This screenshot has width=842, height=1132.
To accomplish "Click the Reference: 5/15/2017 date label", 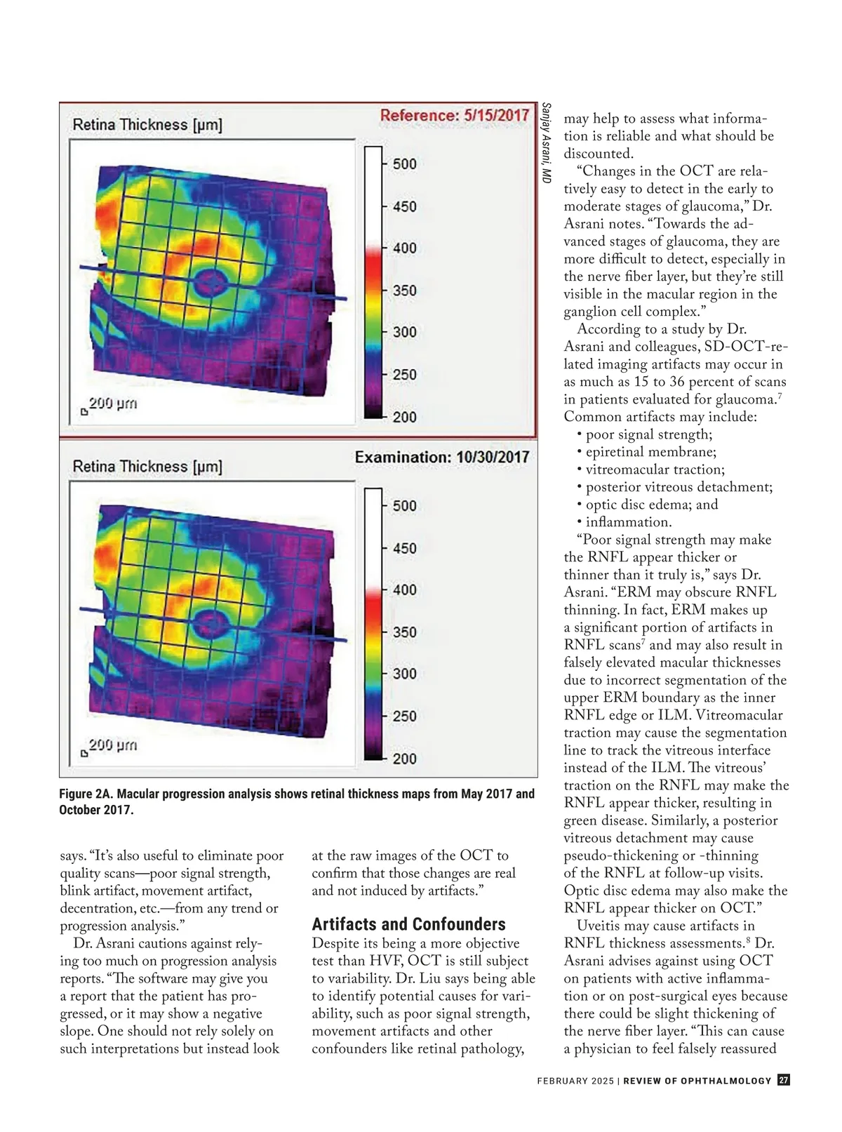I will pyautogui.click(x=455, y=116).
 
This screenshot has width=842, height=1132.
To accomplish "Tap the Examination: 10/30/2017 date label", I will pyautogui.click(x=442, y=458).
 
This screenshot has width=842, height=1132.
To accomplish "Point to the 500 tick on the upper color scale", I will pyautogui.click(x=404, y=164).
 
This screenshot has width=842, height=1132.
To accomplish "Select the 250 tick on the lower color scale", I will pyautogui.click(x=404, y=717).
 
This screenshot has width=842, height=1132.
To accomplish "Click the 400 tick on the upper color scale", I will pyautogui.click(x=404, y=248).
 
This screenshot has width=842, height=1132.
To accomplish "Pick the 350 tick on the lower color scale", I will pyautogui.click(x=404, y=632).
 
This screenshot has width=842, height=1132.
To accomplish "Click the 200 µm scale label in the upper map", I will pyautogui.click(x=112, y=404).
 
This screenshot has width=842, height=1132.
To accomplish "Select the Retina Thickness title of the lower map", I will pyautogui.click(x=147, y=467).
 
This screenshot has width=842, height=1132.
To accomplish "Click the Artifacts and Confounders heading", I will pyautogui.click(x=408, y=924).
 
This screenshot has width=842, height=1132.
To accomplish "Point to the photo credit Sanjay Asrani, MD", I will pyautogui.click(x=546, y=144).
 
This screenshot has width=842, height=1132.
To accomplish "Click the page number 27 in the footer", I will pyautogui.click(x=784, y=1081).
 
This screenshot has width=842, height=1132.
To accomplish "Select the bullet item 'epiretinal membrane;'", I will pyautogui.click(x=650, y=453).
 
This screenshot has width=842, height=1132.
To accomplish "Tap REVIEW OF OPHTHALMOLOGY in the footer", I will pyautogui.click(x=697, y=1081).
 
